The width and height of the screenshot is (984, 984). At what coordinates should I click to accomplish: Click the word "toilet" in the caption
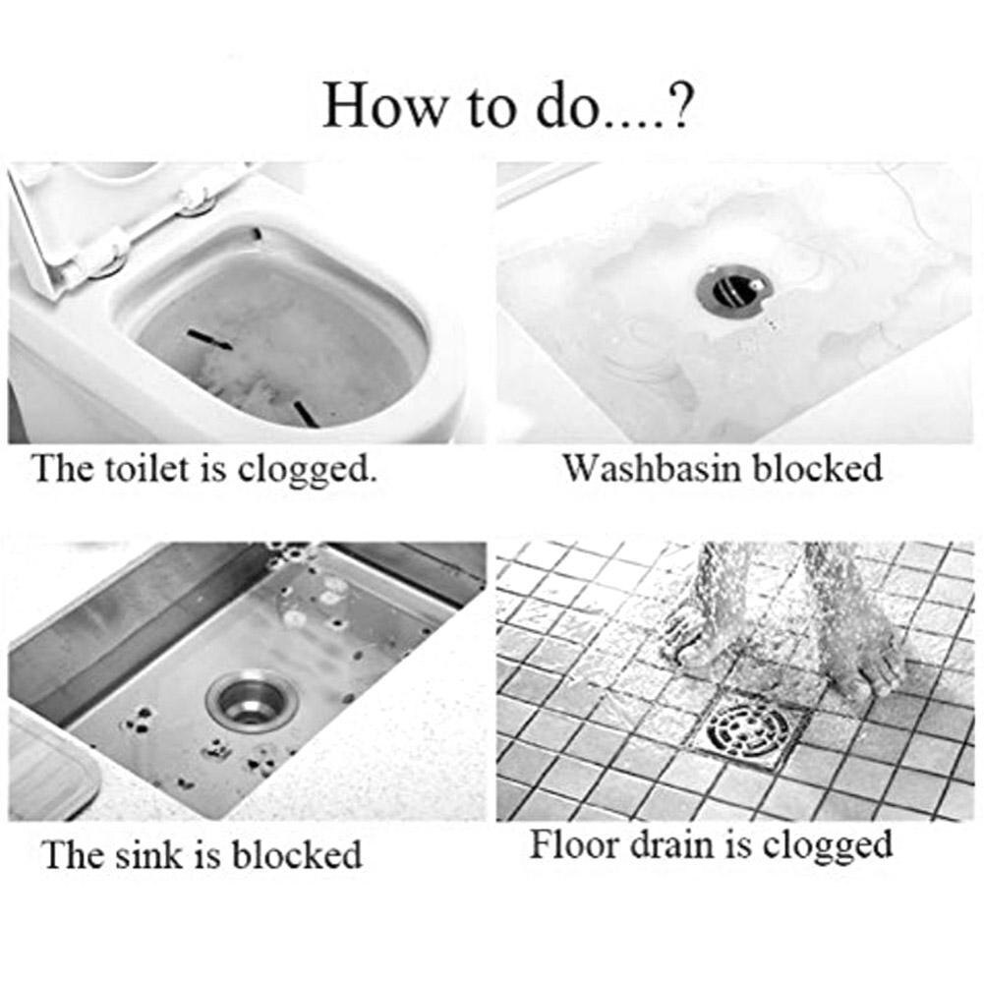tap(145, 468)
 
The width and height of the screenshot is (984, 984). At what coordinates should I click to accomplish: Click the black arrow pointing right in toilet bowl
tap(210, 340)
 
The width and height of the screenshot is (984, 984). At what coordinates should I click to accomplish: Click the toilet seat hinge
tap(197, 197)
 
